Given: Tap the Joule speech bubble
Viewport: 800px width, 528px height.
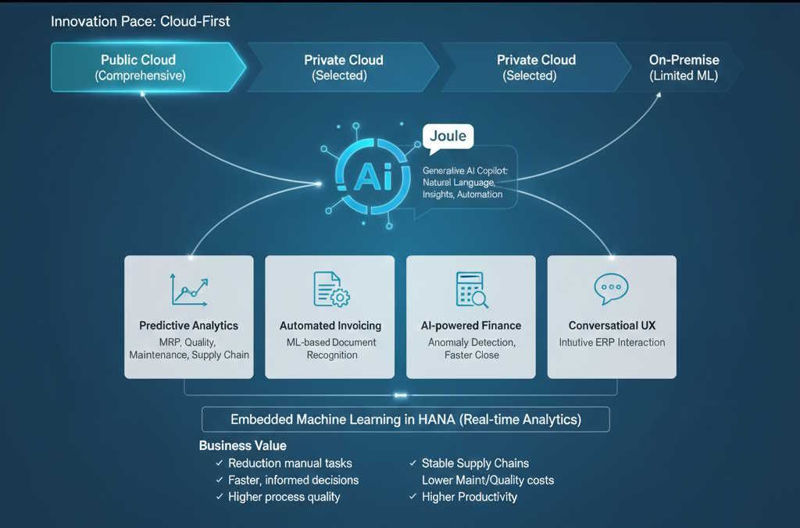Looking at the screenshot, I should (x=448, y=136).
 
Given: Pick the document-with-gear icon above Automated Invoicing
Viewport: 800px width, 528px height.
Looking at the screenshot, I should (x=330, y=289).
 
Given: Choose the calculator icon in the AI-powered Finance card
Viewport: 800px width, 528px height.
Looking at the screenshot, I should (x=471, y=289).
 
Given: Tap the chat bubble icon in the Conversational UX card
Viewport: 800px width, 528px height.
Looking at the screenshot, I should (x=611, y=289).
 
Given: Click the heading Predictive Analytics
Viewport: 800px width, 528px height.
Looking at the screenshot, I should (x=189, y=325).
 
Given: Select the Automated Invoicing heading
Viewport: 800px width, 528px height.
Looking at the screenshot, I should (x=330, y=325).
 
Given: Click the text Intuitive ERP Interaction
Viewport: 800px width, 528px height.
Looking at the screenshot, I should (x=612, y=342).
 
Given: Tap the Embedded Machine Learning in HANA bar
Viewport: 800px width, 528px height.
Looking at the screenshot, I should (x=405, y=419).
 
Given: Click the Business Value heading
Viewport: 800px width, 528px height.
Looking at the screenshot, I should (x=242, y=446).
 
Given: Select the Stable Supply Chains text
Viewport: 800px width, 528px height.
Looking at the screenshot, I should (x=475, y=463).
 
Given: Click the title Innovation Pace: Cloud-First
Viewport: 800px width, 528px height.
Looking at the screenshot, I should (x=141, y=21).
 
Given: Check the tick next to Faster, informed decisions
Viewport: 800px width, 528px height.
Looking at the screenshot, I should (x=220, y=480).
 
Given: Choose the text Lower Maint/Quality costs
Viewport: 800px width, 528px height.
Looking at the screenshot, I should (x=487, y=480).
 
